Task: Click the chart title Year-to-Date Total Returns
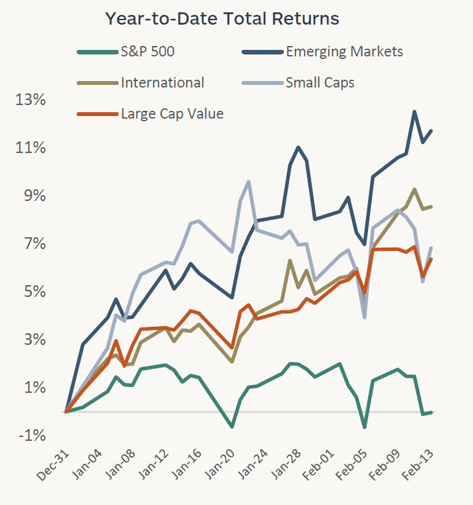coord(222,19)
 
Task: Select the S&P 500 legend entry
coord(147,51)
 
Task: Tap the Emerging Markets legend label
coord(344,51)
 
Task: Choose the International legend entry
coord(162,82)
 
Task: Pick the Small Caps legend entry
coord(319,82)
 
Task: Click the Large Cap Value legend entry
coord(172,113)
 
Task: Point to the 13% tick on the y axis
coord(32,100)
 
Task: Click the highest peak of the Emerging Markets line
coord(414,112)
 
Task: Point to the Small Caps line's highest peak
coord(249,182)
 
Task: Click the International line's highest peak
coord(414,189)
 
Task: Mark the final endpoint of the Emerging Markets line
coord(432,131)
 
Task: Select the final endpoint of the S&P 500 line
coord(432,412)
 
